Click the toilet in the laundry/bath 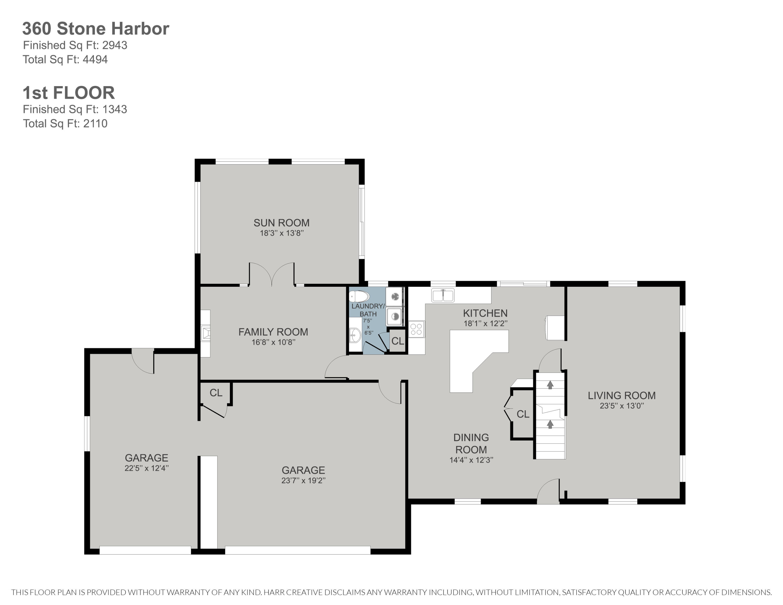click(359, 296)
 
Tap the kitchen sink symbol click(443, 296)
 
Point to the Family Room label click(273, 332)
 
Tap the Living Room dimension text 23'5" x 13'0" click(622, 406)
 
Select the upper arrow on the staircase click(550, 385)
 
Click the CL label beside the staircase click(523, 414)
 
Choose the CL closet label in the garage click(216, 393)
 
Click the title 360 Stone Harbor click(96, 29)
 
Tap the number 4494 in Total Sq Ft click(95, 60)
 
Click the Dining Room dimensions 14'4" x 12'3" click(471, 460)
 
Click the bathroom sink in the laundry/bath click(355, 335)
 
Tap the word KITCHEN click(485, 313)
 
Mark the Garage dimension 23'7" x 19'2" click(303, 480)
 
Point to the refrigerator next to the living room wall click(555, 328)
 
